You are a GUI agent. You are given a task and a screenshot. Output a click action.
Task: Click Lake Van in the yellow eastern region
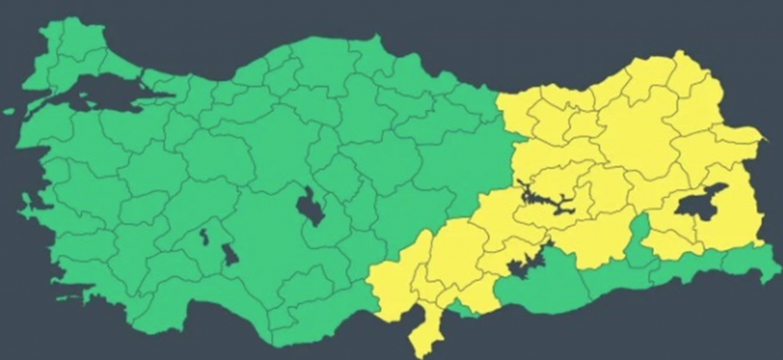(700, 202)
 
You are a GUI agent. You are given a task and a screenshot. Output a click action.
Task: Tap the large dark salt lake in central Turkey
(309, 204)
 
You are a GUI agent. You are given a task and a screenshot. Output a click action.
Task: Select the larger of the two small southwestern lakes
(230, 254)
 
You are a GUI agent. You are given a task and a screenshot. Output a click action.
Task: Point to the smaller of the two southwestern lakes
(203, 235)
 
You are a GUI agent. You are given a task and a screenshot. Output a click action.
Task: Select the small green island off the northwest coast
(9, 112)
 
